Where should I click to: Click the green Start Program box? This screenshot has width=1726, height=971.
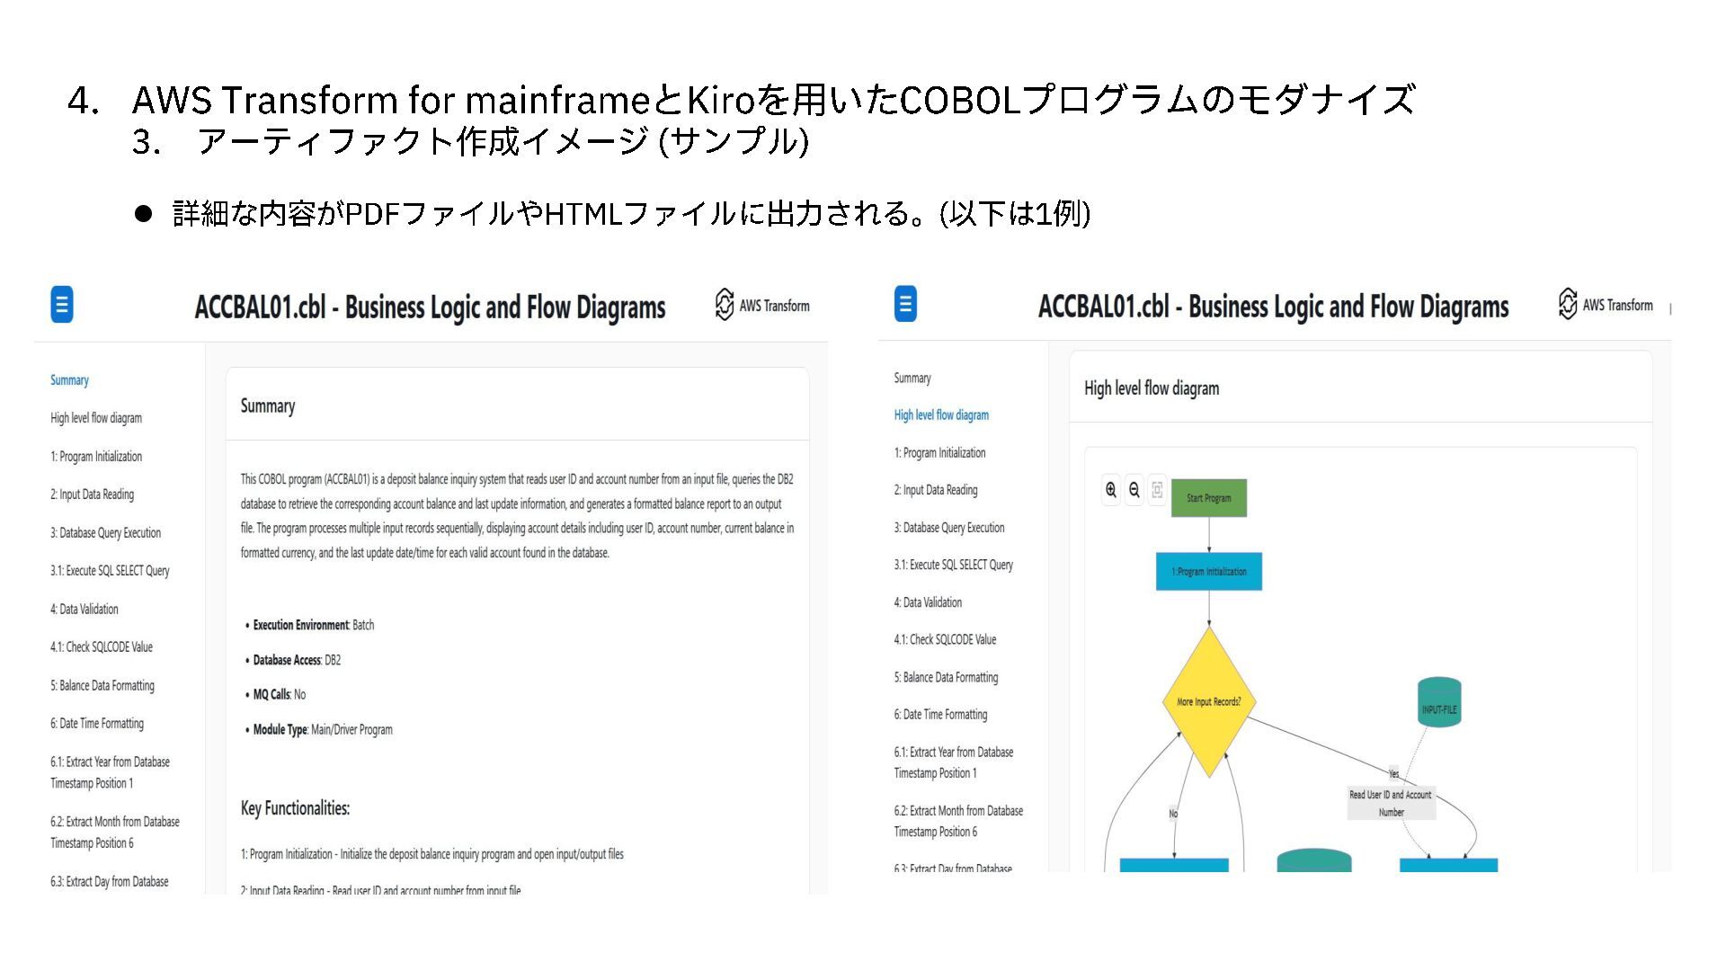(x=1208, y=498)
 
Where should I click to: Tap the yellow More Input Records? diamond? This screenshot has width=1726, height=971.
(x=1209, y=701)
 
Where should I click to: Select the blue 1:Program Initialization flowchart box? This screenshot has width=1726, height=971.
(x=1208, y=572)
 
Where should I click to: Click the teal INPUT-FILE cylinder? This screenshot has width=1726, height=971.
(x=1438, y=703)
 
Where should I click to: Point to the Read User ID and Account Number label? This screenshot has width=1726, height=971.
(x=1391, y=803)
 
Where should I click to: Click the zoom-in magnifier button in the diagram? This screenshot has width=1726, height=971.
(x=1111, y=490)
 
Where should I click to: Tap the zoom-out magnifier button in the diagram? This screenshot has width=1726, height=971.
(x=1134, y=490)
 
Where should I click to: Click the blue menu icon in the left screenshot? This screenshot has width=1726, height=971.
(x=62, y=305)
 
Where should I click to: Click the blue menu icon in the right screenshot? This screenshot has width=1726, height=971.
(x=905, y=304)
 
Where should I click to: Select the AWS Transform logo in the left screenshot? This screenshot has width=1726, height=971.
(x=762, y=306)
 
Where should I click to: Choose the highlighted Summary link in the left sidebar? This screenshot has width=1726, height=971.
(x=69, y=380)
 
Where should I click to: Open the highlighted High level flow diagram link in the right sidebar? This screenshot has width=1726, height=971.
(x=941, y=415)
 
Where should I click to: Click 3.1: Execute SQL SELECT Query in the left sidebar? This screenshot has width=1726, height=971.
(x=110, y=571)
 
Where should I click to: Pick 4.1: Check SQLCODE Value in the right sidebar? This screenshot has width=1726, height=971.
(x=945, y=640)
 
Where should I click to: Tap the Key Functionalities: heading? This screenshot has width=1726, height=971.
(x=295, y=808)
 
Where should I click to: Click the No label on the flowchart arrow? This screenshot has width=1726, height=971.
(x=1173, y=814)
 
